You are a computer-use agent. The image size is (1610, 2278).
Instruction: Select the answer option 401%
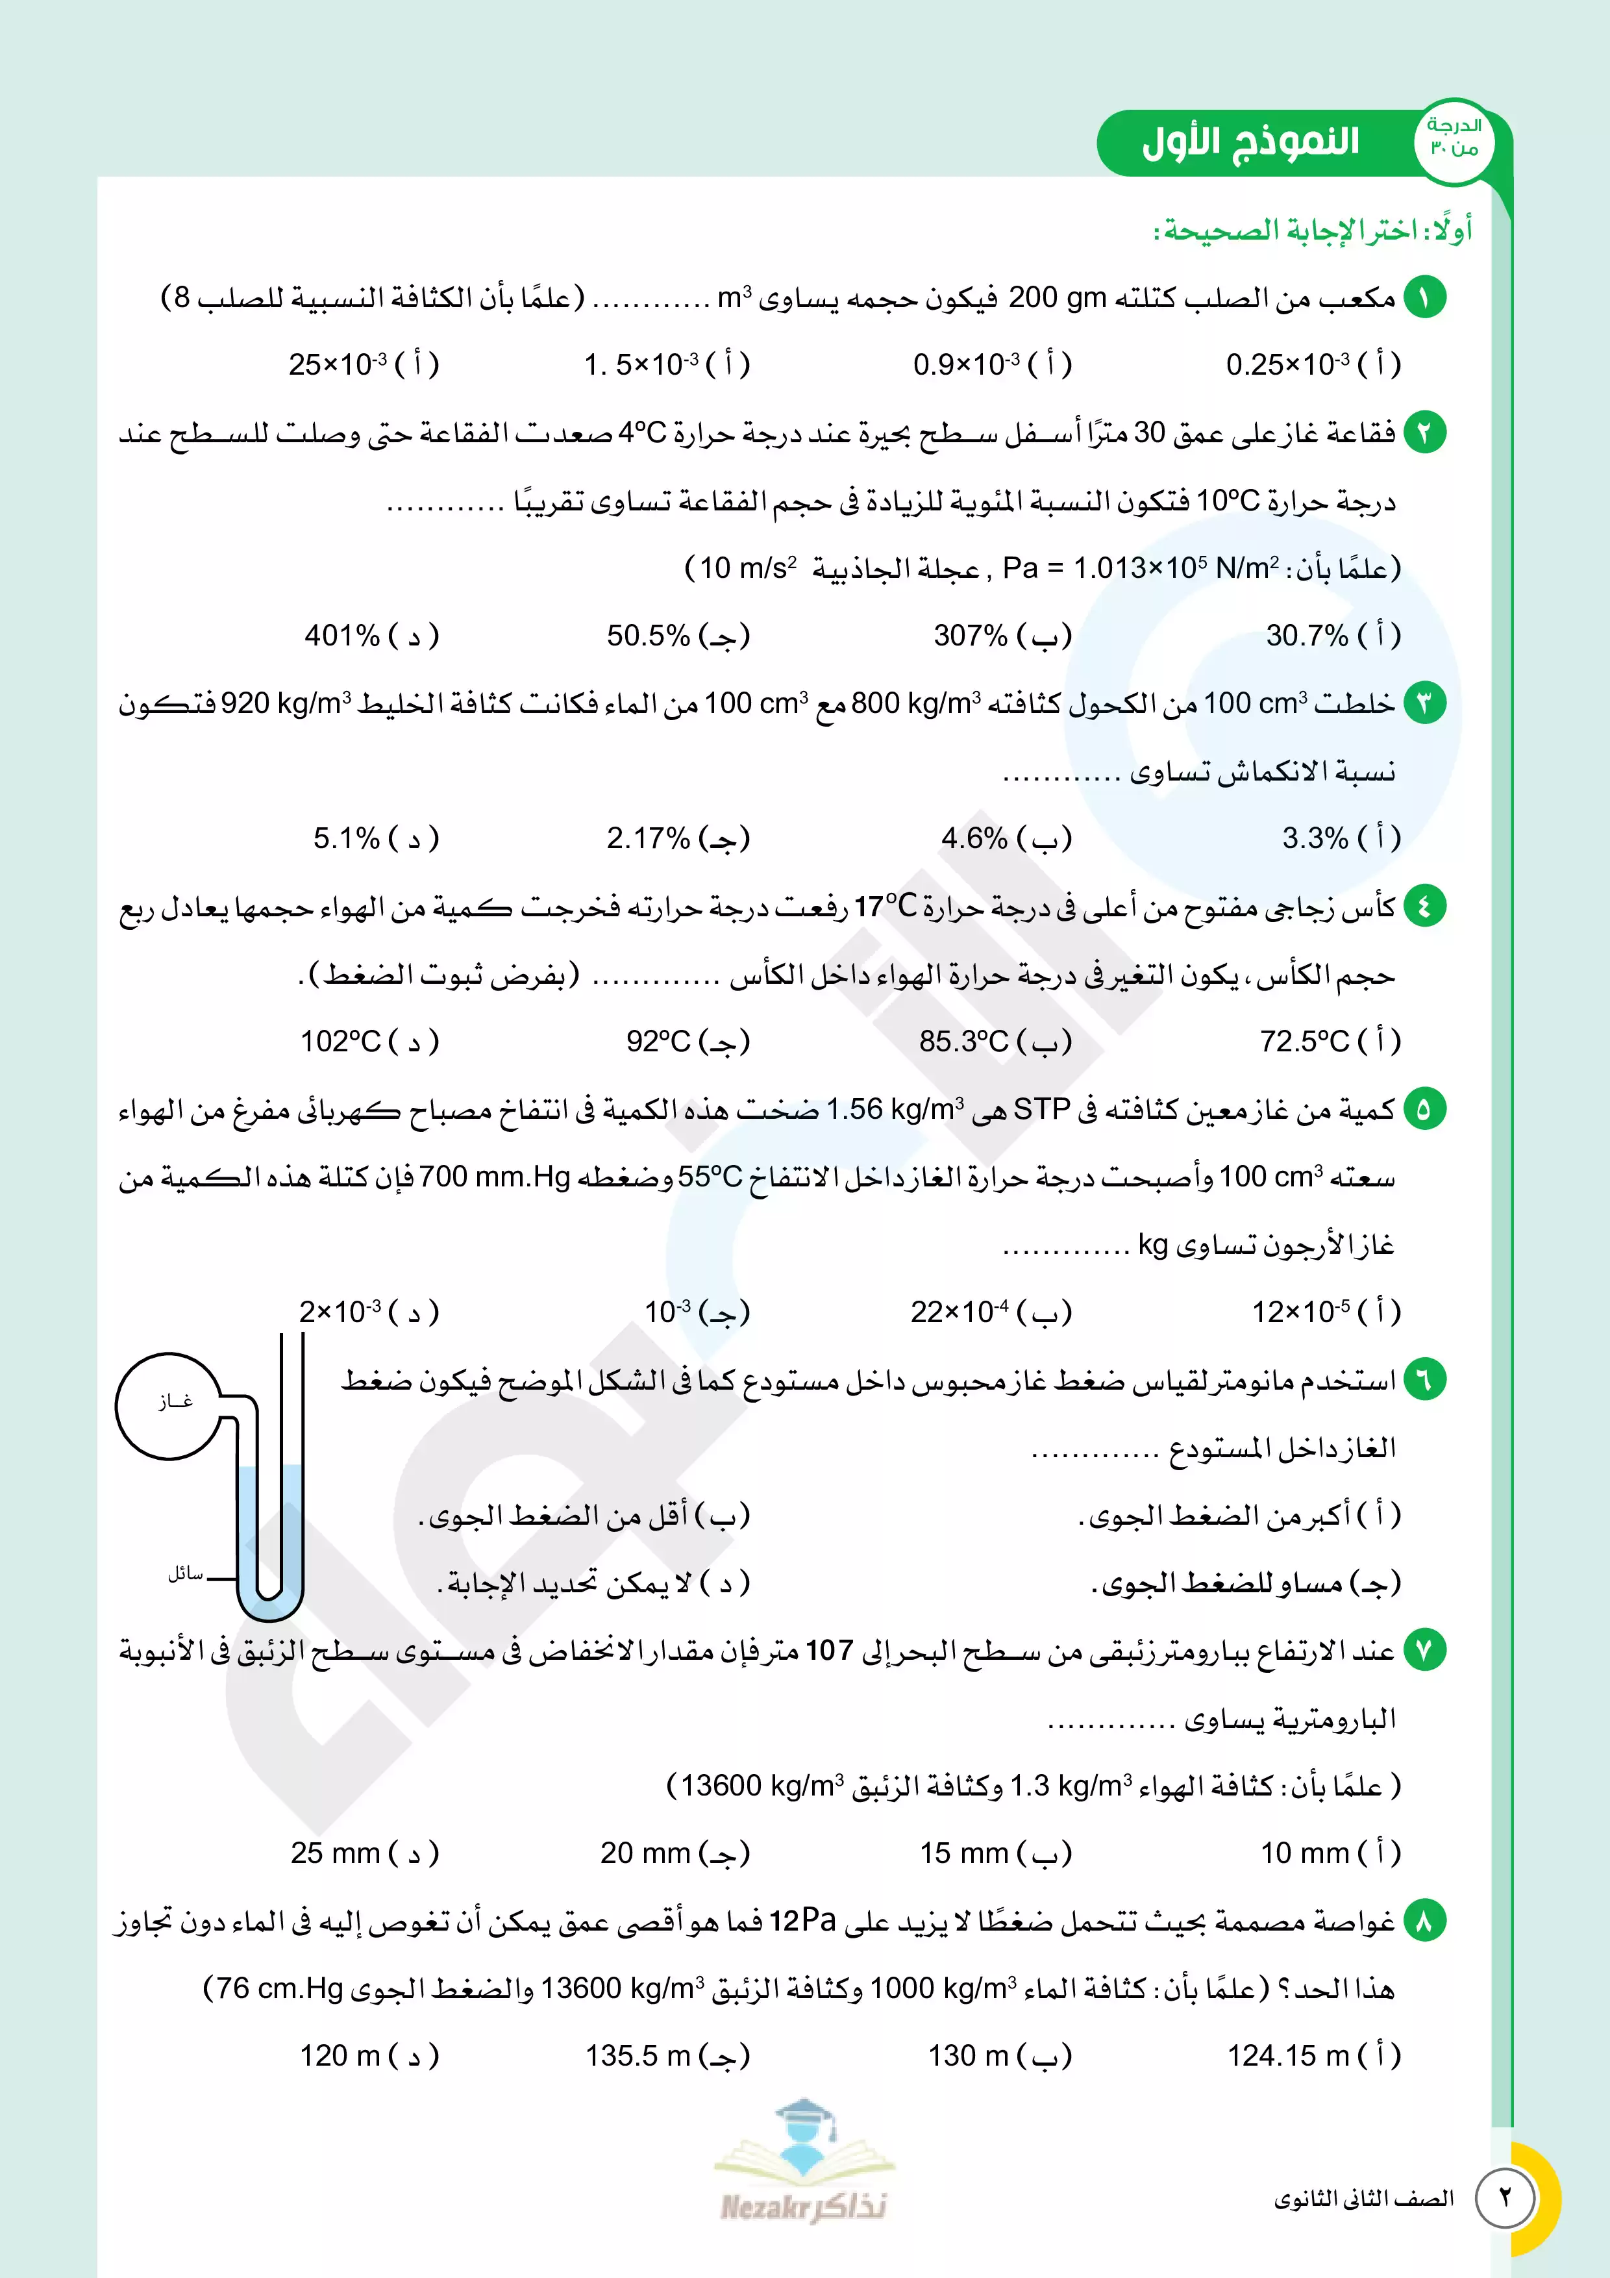370,635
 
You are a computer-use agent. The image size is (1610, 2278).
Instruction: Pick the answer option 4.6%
1005,838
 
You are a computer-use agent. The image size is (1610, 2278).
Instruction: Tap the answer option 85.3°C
994,1041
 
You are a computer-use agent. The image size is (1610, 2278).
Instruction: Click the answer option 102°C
368,1041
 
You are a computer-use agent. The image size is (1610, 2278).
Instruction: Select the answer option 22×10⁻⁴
990,1312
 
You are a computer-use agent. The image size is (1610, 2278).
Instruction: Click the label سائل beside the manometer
186,1573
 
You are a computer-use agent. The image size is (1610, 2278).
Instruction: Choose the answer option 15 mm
994,1853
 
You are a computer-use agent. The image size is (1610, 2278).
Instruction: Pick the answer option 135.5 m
667,2055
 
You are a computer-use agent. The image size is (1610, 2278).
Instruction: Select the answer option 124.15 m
1313,2055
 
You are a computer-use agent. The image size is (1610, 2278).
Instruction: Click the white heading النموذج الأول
1250,142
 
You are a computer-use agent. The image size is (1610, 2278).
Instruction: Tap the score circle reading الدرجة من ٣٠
1454,139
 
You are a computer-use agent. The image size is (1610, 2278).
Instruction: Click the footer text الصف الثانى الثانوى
1363,2199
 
